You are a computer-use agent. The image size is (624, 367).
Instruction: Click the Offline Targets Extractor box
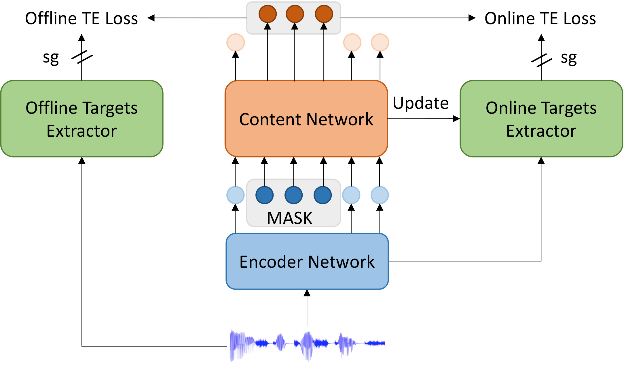click(82, 119)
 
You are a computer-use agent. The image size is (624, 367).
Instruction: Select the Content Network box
click(306, 119)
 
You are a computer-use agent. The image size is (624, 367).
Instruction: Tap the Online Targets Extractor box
click(541, 119)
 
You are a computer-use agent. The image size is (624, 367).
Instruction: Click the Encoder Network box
click(307, 261)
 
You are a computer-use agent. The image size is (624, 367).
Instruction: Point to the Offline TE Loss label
click(81, 18)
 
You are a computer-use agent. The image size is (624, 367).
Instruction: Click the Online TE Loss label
click(540, 18)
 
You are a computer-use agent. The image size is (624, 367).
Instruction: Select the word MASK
click(289, 218)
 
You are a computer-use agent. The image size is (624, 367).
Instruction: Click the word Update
click(421, 103)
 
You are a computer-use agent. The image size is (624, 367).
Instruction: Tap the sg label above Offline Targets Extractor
click(51, 58)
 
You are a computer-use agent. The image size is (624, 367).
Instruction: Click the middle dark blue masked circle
click(293, 195)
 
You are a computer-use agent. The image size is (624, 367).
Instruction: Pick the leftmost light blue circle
click(236, 195)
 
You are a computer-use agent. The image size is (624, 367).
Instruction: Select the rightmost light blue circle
click(380, 195)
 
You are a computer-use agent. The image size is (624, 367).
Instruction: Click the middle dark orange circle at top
click(295, 14)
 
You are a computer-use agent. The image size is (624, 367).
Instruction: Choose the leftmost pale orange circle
click(236, 43)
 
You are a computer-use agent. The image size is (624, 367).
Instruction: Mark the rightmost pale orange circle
click(380, 43)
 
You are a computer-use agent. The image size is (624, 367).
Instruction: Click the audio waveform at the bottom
click(307, 344)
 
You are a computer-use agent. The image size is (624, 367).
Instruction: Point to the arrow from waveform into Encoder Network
click(307, 308)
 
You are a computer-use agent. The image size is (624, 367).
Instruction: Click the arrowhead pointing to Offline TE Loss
click(151, 18)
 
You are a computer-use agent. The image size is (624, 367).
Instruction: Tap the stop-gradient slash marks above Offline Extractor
click(82, 57)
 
